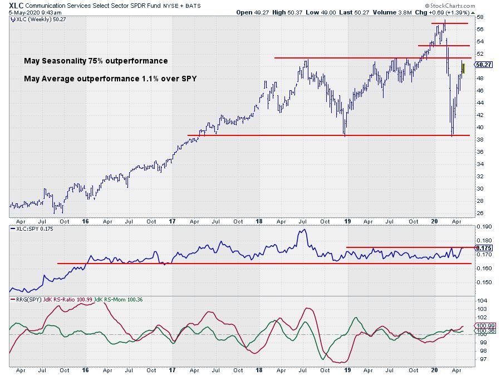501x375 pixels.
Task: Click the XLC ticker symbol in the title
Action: click(x=17, y=4)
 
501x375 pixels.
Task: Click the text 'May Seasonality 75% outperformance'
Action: click(x=96, y=61)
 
